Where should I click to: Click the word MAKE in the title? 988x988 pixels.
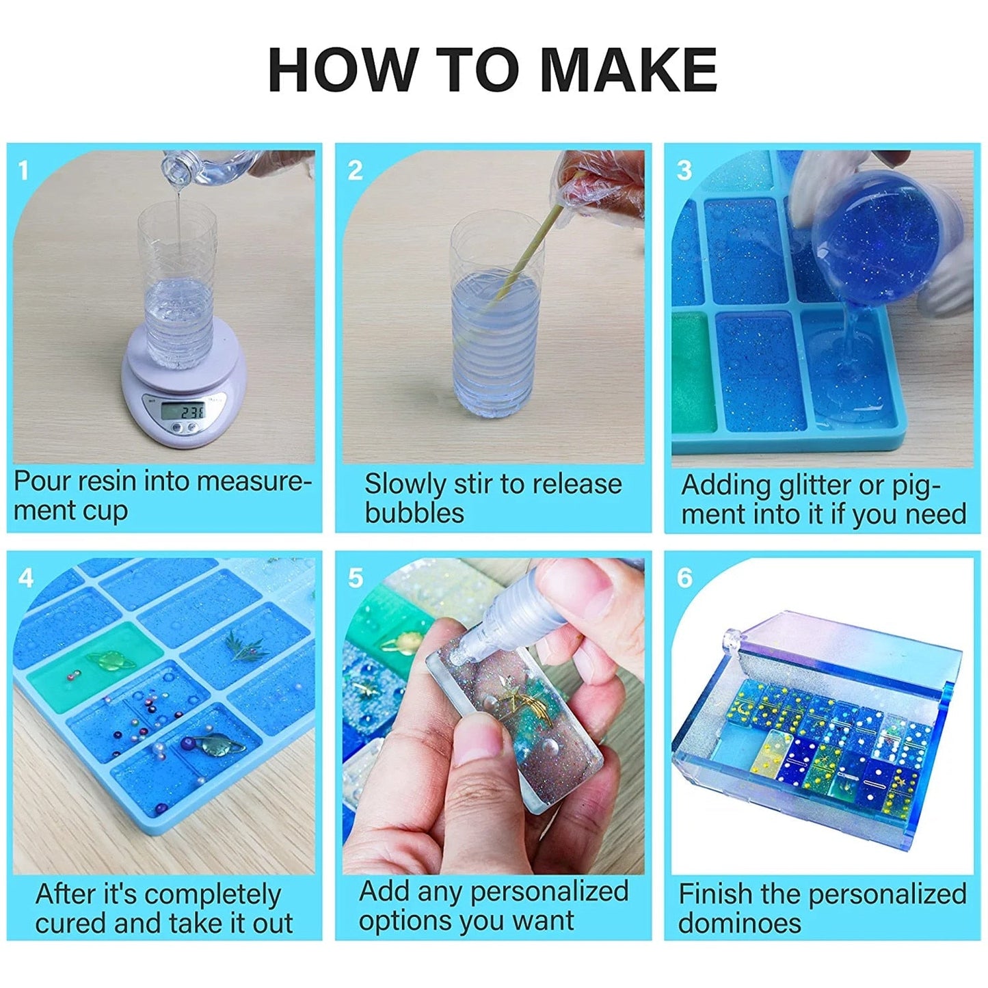pyautogui.click(x=628, y=70)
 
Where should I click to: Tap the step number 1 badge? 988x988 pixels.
pyautogui.click(x=24, y=170)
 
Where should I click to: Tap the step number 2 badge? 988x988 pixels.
pyautogui.click(x=355, y=170)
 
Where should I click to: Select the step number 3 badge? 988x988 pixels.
pyautogui.click(x=684, y=170)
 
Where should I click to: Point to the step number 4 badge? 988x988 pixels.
pyautogui.click(x=25, y=578)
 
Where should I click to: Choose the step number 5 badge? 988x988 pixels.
pyautogui.click(x=355, y=578)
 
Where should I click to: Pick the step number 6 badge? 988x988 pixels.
pyautogui.click(x=684, y=578)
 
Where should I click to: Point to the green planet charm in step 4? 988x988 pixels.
pyautogui.click(x=107, y=660)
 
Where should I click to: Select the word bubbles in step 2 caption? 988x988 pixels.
pyautogui.click(x=414, y=513)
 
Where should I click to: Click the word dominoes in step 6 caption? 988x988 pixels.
pyautogui.click(x=739, y=923)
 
